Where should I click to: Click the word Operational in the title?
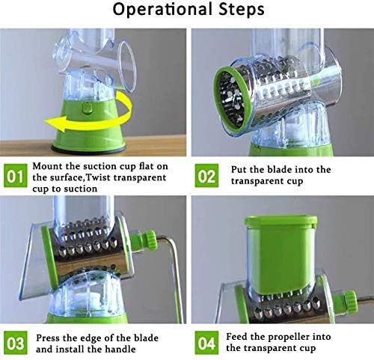[163, 10]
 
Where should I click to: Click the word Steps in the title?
[242, 10]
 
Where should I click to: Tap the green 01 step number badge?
[15, 176]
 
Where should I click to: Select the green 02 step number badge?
[206, 176]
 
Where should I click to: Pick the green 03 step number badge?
[15, 343]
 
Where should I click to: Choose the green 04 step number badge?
[206, 343]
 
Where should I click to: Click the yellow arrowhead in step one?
[56, 123]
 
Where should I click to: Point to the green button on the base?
[87, 108]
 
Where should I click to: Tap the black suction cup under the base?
[88, 148]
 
